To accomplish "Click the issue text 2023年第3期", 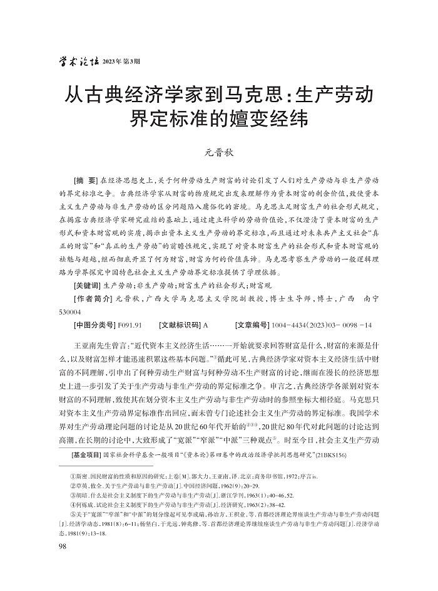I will coord(121,61).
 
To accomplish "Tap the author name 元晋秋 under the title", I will coord(219,152).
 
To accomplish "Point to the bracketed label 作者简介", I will coord(92,298).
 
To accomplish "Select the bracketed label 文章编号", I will coord(252,325).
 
